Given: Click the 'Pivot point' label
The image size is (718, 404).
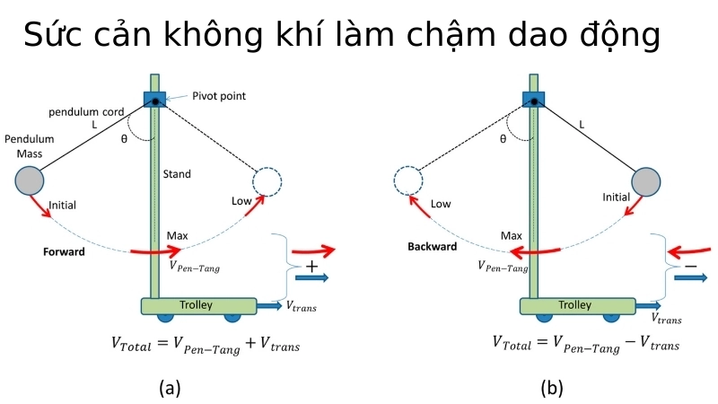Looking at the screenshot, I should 219,96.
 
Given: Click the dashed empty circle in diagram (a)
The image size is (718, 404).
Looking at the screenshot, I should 267,181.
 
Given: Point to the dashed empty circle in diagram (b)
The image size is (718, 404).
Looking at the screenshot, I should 408,182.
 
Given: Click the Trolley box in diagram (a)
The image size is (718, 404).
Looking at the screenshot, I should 196,306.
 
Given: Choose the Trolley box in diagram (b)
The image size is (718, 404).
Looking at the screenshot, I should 575,306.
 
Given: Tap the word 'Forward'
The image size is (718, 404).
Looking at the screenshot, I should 64,252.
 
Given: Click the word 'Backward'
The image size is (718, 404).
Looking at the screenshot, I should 433,247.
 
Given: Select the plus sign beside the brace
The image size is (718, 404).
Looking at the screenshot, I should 311,267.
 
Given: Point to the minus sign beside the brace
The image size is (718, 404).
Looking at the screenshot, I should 690,267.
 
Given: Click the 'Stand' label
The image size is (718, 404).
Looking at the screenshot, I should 177,174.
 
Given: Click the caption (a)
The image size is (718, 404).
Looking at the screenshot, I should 170,388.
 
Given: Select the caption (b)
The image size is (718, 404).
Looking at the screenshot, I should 551,388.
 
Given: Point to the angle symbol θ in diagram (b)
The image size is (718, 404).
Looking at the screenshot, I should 503,139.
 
